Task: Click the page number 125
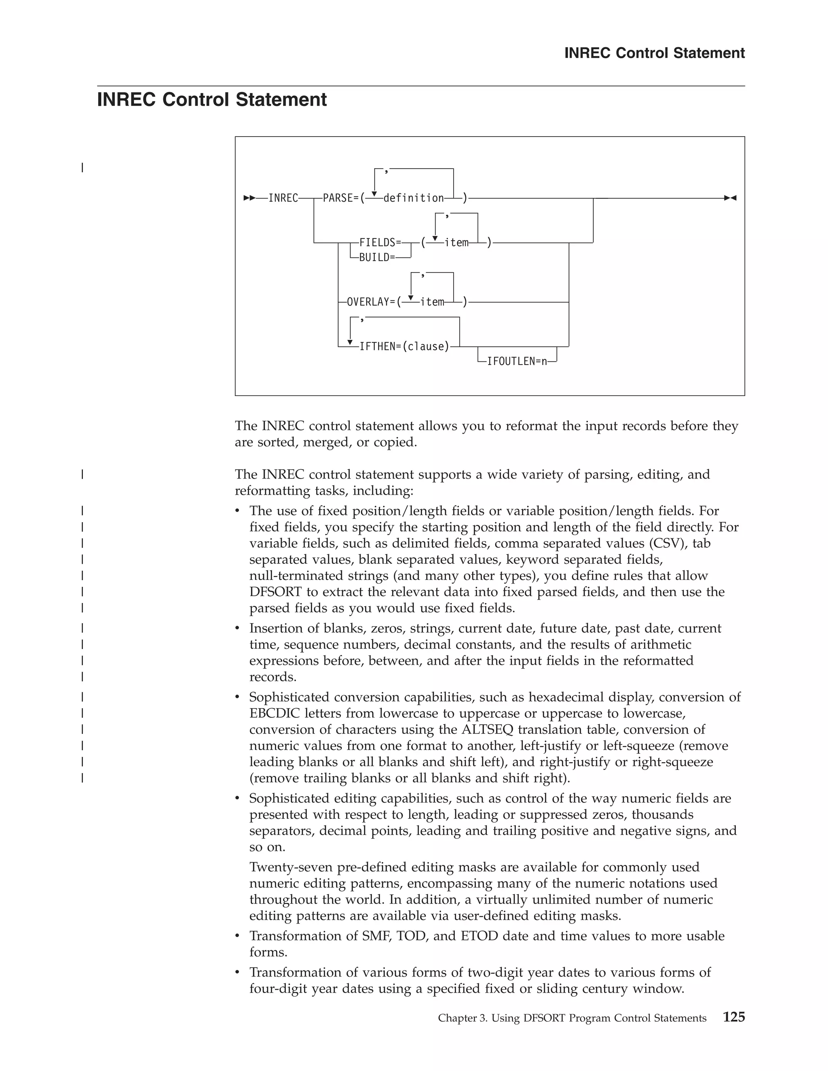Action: click(x=734, y=1017)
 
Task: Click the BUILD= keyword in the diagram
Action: click(x=377, y=257)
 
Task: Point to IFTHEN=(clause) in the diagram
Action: click(x=404, y=347)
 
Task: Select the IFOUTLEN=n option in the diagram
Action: click(x=517, y=362)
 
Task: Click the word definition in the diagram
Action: click(x=414, y=198)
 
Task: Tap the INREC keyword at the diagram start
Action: click(x=283, y=198)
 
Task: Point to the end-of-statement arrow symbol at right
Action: click(x=731, y=198)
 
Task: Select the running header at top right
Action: click(x=655, y=53)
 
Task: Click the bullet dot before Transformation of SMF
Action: click(x=238, y=937)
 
